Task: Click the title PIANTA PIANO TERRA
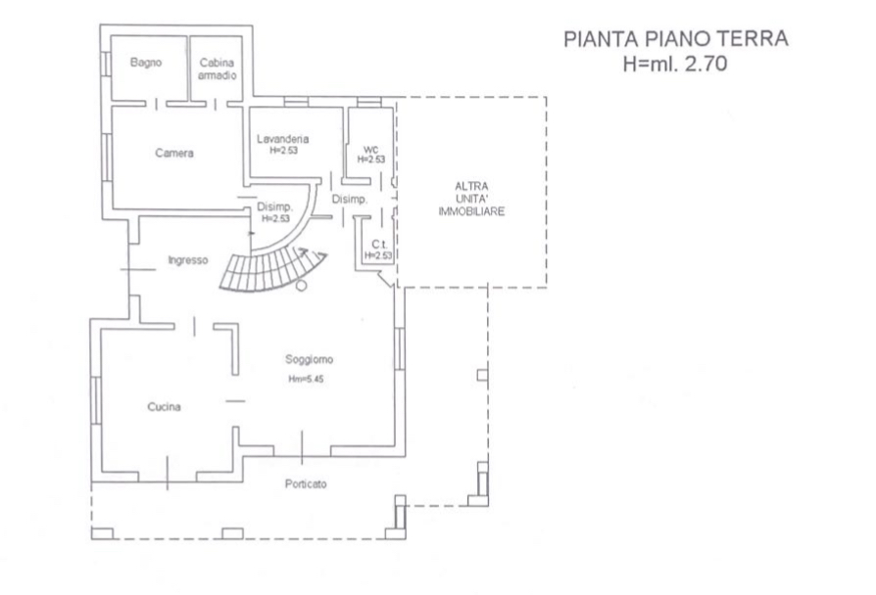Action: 676,39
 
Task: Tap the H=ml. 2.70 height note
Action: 676,64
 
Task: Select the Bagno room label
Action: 146,63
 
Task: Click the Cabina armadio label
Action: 217,69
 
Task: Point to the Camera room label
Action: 174,154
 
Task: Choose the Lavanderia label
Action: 283,139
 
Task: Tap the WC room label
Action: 369,150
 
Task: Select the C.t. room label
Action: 377,244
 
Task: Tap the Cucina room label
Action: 165,407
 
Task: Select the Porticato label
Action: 306,484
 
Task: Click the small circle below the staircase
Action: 301,286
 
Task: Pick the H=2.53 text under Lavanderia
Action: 283,152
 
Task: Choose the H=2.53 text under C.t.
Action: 378,255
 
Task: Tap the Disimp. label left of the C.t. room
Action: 349,200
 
